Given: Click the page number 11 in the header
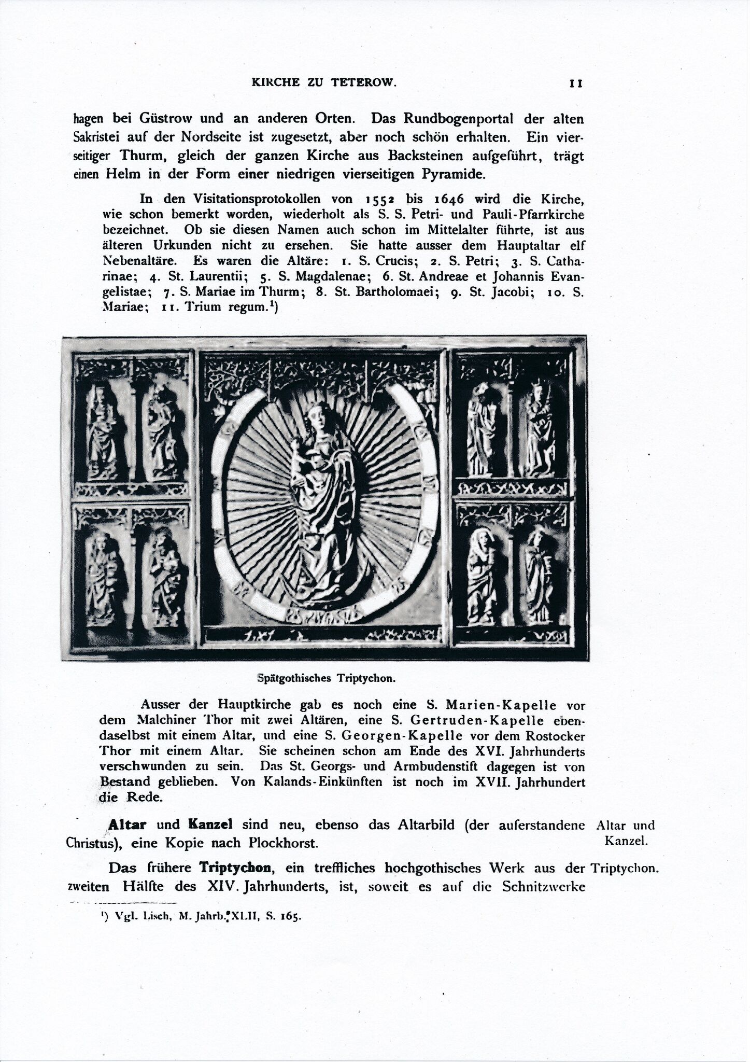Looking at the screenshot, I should (x=576, y=83).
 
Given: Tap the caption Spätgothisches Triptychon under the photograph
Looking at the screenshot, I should (x=327, y=678).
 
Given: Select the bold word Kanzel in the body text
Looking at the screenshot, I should (x=210, y=825).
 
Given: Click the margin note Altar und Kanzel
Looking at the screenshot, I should (x=626, y=833).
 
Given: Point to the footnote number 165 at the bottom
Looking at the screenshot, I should (x=291, y=917).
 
